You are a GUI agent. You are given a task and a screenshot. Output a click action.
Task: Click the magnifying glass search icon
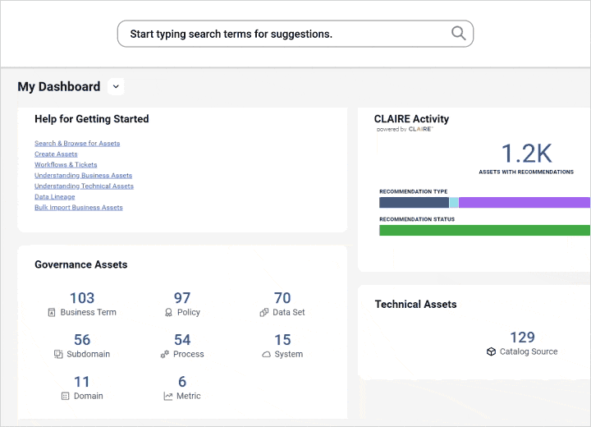pos(458,34)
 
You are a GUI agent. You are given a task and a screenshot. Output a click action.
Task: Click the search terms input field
pos(279,34)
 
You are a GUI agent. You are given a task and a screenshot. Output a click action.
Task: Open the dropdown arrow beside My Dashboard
pos(116,86)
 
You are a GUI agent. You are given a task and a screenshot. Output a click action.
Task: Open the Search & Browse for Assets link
pos(77,144)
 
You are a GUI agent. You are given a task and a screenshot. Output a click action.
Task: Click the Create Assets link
pos(56,154)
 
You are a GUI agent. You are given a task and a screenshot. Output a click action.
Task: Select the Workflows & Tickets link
pos(66,165)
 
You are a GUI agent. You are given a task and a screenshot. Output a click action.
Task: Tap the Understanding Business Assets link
pos(83,176)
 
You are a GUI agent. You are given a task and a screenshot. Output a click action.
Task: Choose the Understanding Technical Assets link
pos(84,186)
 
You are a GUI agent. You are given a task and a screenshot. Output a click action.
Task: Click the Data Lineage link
pos(54,197)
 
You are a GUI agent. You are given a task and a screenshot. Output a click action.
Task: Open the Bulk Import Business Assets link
pos(78,208)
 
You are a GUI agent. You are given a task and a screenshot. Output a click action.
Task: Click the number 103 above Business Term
pos(82,298)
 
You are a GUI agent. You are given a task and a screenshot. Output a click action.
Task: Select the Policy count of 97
pos(182,298)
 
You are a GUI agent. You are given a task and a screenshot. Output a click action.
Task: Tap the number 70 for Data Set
pos(282,298)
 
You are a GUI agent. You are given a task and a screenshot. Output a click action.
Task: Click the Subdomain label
pos(89,354)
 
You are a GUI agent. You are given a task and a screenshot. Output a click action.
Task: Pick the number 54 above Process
pos(182,340)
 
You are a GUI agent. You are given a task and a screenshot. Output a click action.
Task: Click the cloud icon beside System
pos(266,355)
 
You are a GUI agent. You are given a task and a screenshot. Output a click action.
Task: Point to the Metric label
pos(189,396)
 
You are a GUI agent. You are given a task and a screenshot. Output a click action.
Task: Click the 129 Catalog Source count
pos(522,337)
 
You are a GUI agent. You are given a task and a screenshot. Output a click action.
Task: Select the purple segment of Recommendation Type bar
pos(524,202)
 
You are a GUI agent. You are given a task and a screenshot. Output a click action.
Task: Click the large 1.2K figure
pos(526,154)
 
